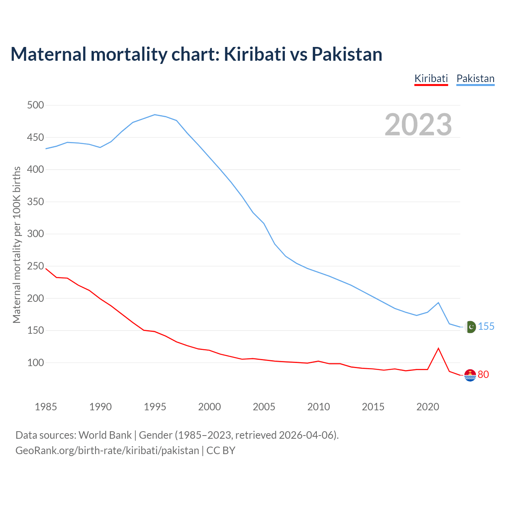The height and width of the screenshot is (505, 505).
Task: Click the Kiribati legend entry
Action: [431, 79]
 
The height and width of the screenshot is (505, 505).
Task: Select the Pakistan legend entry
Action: [475, 79]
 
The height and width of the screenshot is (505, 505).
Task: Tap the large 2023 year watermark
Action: [418, 125]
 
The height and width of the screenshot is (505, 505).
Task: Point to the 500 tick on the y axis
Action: [36, 105]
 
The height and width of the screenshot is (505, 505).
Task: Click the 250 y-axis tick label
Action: [36, 266]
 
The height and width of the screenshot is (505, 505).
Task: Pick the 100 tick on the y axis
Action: [36, 363]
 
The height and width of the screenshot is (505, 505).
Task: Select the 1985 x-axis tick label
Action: [46, 407]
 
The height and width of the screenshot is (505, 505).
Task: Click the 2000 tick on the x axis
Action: [209, 407]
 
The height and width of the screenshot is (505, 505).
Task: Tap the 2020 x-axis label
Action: [428, 407]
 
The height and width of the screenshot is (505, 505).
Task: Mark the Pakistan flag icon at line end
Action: [470, 327]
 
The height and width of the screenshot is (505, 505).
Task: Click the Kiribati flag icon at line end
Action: [470, 375]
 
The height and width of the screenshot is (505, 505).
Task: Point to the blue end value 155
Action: [486, 327]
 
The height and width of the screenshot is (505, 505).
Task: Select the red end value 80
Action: [483, 375]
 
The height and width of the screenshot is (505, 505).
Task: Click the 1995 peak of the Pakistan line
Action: [155, 115]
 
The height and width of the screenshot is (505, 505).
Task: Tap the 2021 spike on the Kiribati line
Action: [438, 348]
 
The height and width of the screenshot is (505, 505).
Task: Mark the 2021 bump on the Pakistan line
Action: [438, 303]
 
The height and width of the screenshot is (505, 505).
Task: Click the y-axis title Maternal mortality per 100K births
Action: [17, 245]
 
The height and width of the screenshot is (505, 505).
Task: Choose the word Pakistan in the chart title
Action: [347, 54]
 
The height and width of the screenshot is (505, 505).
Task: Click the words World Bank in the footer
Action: [105, 435]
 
